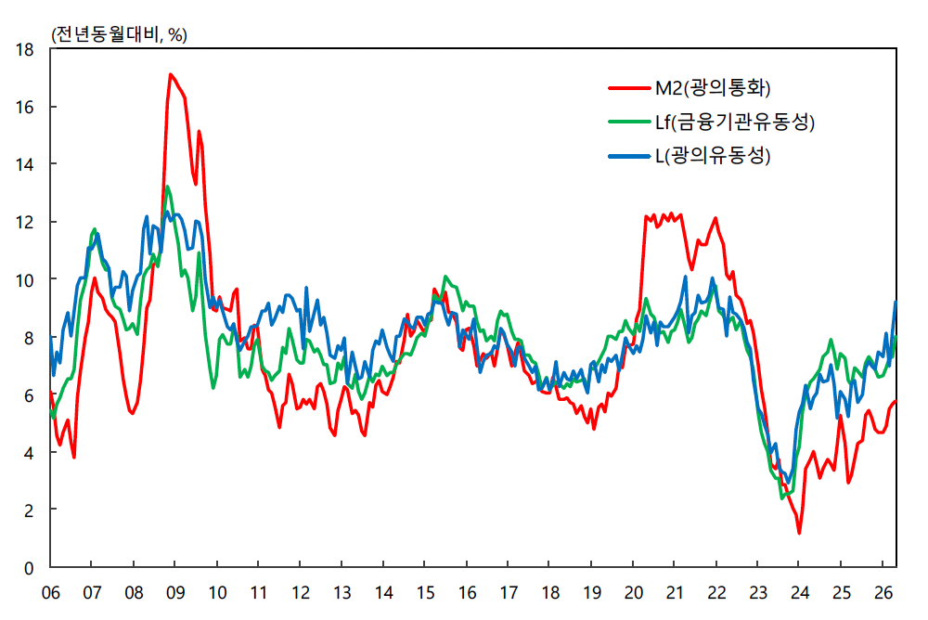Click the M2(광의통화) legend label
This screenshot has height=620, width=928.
pyautogui.click(x=713, y=88)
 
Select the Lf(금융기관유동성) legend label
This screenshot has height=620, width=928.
pyautogui.click(x=734, y=122)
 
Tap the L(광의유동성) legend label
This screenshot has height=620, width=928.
pyautogui.click(x=713, y=156)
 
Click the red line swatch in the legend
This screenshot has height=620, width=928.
pyautogui.click(x=629, y=88)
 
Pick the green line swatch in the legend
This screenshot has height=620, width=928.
pyautogui.click(x=629, y=122)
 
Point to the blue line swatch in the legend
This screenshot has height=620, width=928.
pyautogui.click(x=629, y=156)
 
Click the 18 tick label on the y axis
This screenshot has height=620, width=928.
pyautogui.click(x=25, y=50)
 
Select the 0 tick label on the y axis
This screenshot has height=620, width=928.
pyautogui.click(x=29, y=568)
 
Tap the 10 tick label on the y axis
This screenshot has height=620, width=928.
pyautogui.click(x=25, y=280)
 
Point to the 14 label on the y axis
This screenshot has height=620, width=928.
pyautogui.click(x=25, y=164)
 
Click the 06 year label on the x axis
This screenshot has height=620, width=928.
pyautogui.click(x=51, y=593)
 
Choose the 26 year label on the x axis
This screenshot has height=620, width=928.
pyautogui.click(x=883, y=593)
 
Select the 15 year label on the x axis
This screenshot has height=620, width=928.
pyautogui.click(x=425, y=593)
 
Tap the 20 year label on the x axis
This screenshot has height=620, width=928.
pyautogui.click(x=633, y=593)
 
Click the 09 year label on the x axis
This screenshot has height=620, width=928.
pyautogui.click(x=175, y=593)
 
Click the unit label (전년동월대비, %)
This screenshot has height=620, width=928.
pyautogui.click(x=120, y=35)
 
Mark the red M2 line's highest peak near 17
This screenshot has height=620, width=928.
pyautogui.click(x=171, y=74)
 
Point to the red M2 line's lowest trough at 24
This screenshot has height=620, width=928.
pyautogui.click(x=799, y=533)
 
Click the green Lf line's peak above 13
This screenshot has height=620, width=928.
pyautogui.click(x=167, y=187)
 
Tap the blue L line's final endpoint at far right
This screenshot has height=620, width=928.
pyautogui.click(x=896, y=302)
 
